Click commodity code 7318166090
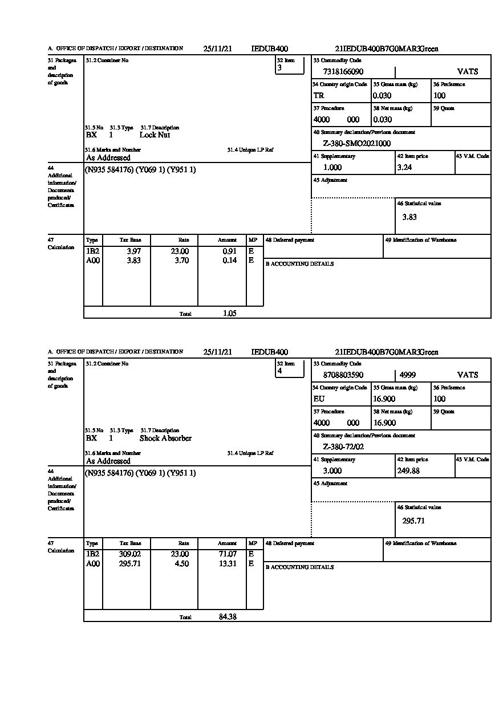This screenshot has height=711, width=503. click(343, 72)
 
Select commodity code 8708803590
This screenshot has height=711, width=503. click(343, 375)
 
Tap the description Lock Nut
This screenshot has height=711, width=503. click(155, 135)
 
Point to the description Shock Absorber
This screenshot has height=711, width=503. click(165, 438)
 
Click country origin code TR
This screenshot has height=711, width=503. click(319, 96)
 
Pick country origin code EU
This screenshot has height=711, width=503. click(319, 399)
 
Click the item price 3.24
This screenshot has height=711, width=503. click(404, 168)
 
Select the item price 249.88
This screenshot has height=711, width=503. click(408, 471)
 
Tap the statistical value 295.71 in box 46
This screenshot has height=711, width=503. click(413, 521)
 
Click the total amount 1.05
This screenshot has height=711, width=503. click(230, 313)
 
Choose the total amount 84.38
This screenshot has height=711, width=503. click(228, 616)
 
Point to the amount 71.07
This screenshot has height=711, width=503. click(228, 554)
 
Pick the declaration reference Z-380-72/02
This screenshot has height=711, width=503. click(343, 447)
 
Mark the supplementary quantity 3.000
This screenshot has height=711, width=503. click(332, 471)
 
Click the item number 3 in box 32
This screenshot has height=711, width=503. click(279, 68)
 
